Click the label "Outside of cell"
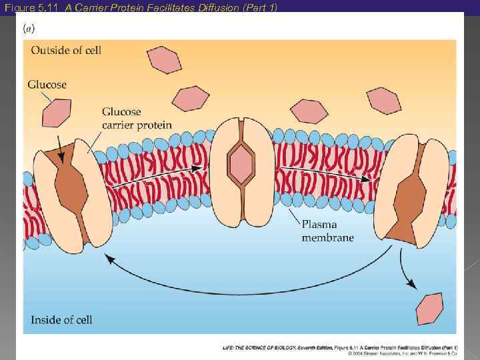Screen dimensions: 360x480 [x=65, y=50]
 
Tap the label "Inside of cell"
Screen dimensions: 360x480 [x=61, y=320]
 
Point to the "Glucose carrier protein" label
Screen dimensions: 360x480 [x=137, y=118]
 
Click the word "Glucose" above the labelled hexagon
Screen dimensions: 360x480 [x=47, y=85]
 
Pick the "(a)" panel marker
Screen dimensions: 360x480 [x=30, y=29]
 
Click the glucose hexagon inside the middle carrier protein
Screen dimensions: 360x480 [x=241, y=163]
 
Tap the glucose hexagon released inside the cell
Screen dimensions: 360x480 [x=429, y=309]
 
